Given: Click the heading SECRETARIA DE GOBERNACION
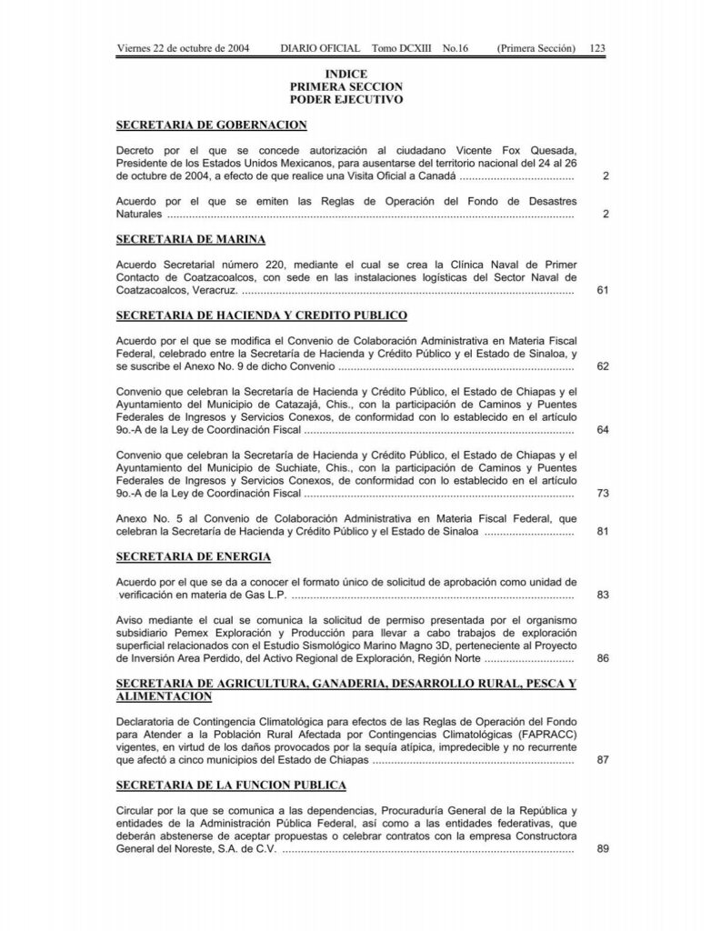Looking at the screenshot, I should click(212, 125).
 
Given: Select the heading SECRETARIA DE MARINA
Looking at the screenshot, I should click(191, 239).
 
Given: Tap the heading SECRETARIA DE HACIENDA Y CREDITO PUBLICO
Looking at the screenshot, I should click(262, 315).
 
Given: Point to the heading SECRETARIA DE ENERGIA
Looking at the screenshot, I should click(194, 556).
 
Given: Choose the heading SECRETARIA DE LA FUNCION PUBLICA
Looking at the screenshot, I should click(232, 785).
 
